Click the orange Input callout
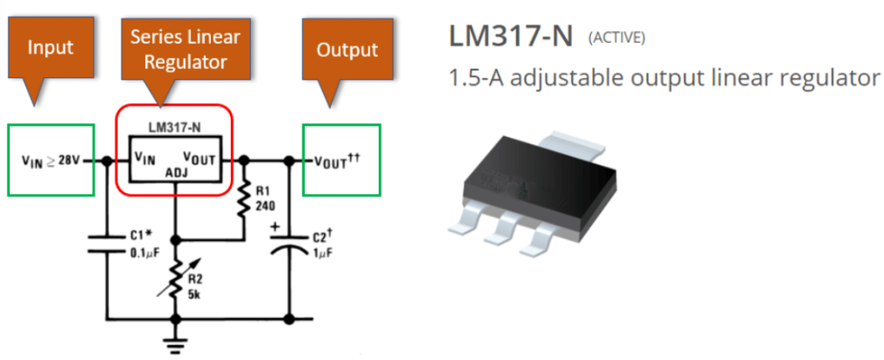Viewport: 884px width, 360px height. coord(51,47)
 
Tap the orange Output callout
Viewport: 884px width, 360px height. coord(347,50)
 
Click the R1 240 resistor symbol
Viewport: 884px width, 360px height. coord(244,201)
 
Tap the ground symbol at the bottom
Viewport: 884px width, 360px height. coord(176,342)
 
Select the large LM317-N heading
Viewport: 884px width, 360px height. coord(510,36)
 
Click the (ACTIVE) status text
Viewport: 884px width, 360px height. coord(618,39)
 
